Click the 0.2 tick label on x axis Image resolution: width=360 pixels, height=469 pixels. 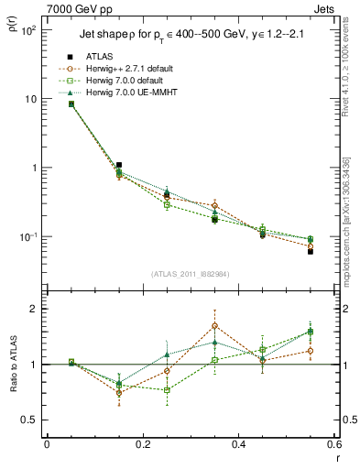tap(142, 445)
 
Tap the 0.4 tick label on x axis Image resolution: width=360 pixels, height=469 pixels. tap(238, 445)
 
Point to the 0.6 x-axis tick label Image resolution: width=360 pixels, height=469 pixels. tap(333, 445)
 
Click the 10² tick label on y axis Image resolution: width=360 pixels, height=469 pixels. tap(28, 30)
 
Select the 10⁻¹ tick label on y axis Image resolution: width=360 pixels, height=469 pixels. tap(27, 237)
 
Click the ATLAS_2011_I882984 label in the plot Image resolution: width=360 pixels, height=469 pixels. tap(190, 274)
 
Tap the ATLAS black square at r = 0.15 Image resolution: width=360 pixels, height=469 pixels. tap(119, 165)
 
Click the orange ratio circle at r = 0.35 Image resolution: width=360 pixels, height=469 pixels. tap(214, 325)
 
